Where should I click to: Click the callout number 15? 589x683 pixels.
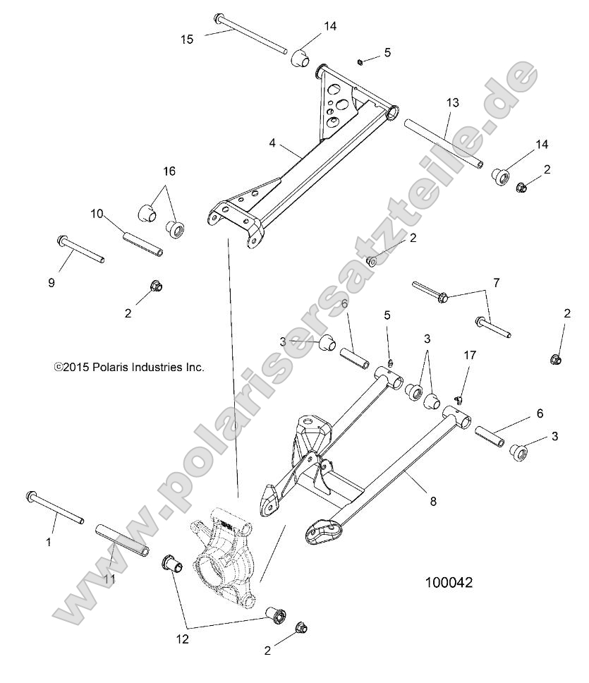click(186, 40)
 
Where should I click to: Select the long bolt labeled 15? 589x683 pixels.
click(250, 33)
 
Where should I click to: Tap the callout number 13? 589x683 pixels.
click(452, 103)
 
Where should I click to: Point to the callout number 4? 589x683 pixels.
click(272, 143)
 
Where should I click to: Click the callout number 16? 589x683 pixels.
click(169, 171)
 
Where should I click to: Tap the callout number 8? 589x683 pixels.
click(432, 501)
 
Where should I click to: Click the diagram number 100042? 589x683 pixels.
click(448, 583)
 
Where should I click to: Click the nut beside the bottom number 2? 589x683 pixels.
click(300, 627)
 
